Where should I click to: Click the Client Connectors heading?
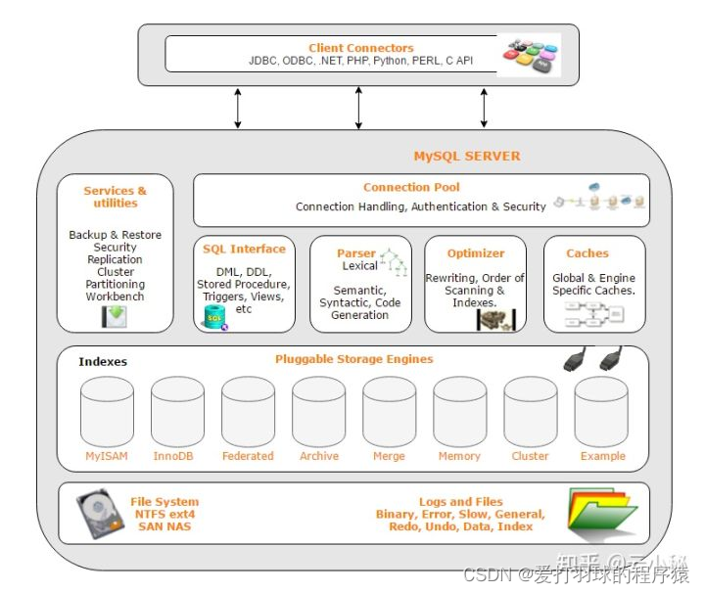click(360, 48)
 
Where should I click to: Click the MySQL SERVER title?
click(466, 156)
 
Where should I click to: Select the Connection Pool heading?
click(411, 187)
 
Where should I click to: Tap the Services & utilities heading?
click(115, 197)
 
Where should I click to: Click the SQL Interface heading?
click(244, 250)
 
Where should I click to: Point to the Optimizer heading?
click(476, 253)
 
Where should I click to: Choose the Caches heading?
click(587, 253)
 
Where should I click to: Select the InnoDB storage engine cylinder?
click(177, 411)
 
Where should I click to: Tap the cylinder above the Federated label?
click(248, 411)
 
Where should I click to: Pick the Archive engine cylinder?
click(318, 411)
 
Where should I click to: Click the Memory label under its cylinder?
click(459, 456)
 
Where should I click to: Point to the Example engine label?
click(602, 456)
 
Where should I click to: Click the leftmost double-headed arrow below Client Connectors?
click(237, 108)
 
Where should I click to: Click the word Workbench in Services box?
click(115, 296)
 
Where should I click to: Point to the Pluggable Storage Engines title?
click(353, 359)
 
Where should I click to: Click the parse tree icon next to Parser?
click(393, 260)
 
